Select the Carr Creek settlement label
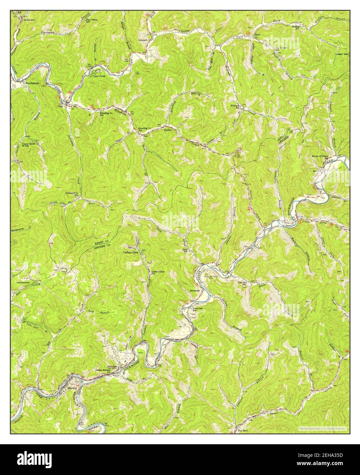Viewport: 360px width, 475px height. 99,76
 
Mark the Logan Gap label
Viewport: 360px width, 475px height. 342,54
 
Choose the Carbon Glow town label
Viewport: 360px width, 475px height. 131,252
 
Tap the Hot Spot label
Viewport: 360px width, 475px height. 243,431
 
